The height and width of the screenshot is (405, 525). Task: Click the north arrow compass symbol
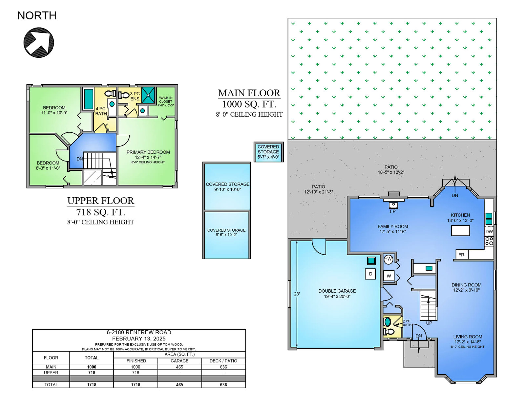tap(39, 43)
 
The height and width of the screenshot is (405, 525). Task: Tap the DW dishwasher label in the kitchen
tap(489, 232)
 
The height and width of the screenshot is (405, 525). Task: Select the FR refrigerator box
tap(462, 255)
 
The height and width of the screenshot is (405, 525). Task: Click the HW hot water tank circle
tap(388, 259)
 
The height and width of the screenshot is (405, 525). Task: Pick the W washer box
tap(389, 276)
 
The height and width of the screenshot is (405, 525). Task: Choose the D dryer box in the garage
tap(370, 274)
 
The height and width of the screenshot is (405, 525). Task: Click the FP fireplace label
tap(393, 211)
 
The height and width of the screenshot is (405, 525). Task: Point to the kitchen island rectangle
tap(460, 231)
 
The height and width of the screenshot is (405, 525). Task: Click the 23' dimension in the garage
tap(297, 294)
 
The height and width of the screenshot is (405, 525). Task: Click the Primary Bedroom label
tap(148, 152)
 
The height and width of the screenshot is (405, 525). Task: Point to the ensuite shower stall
tap(148, 95)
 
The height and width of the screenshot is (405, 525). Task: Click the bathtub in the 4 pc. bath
tap(88, 99)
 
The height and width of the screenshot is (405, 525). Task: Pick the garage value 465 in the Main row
tap(179, 367)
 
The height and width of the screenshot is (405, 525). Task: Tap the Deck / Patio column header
tap(223, 361)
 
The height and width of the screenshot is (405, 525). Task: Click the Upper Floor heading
tap(101, 201)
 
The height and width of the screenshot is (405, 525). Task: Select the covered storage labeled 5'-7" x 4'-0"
tap(268, 152)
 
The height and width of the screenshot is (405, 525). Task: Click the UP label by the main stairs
tap(429, 323)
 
